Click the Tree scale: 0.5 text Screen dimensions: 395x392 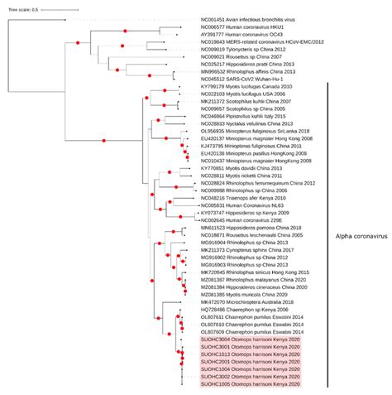pos(23,9)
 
